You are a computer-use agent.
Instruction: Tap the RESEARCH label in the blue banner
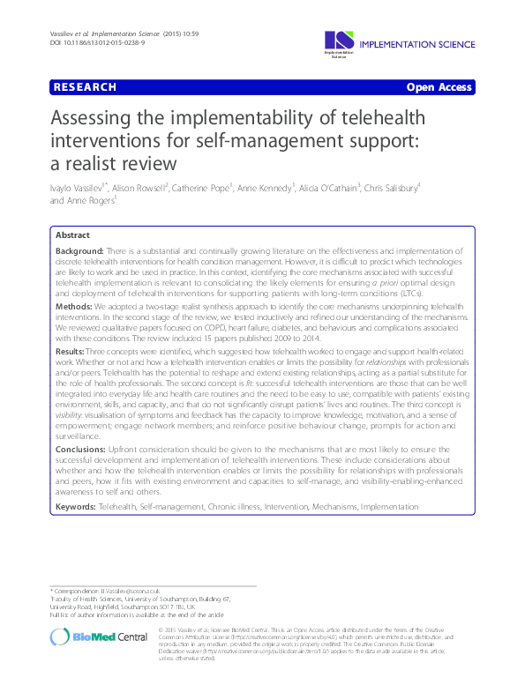pos(85,87)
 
